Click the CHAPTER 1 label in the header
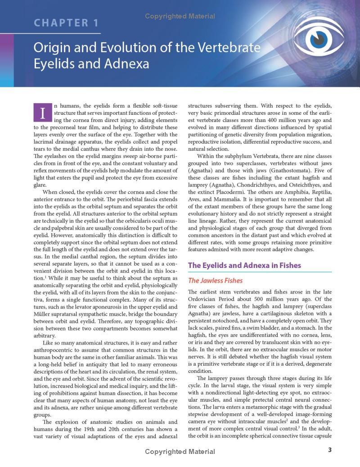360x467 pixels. pyautogui.click(x=66, y=23)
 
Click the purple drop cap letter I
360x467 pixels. pyautogui.click(x=43, y=113)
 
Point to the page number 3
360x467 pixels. pyautogui.click(x=330, y=450)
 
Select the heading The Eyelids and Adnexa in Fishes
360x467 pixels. pyautogui.click(x=244, y=265)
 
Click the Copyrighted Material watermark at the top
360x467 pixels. pyautogui.click(x=180, y=17)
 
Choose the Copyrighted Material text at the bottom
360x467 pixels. pyautogui.click(x=180, y=451)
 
